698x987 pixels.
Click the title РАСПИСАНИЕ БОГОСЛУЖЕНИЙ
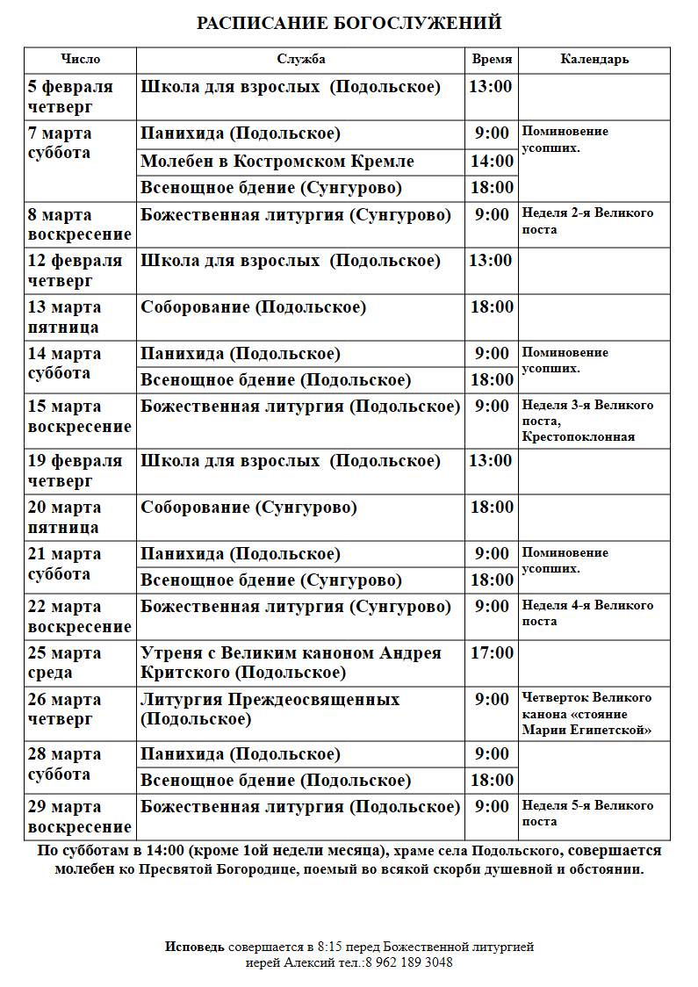[349, 24]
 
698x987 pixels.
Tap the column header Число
[80, 60]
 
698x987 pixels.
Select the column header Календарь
[594, 60]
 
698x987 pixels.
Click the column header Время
[492, 60]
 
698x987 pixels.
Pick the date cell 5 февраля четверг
[71, 97]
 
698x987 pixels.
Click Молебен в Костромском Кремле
[277, 162]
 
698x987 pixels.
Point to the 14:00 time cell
[492, 162]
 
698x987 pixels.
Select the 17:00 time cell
[492, 653]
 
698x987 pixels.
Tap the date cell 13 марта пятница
[65, 317]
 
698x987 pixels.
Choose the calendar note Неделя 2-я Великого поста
[587, 221]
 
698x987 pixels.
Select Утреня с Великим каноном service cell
[291, 663]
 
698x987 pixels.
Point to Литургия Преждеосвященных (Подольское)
[270, 709]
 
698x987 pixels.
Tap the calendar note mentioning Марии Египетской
[586, 713]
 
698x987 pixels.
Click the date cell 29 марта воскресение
[79, 817]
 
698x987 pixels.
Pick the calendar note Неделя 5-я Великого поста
[587, 813]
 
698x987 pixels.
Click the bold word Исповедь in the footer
[195, 947]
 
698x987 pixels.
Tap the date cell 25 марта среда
[65, 663]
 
